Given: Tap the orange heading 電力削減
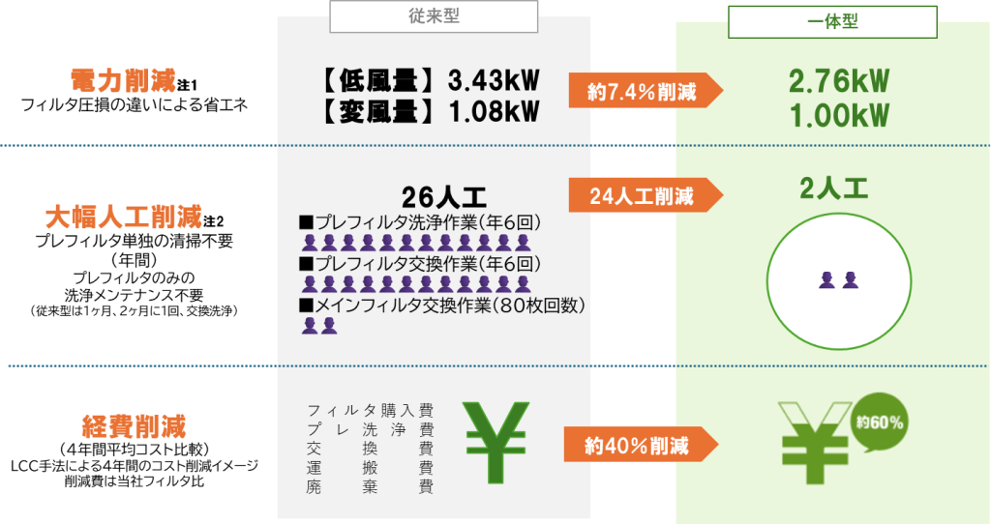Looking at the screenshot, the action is click(123, 81).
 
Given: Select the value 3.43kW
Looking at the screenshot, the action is click(495, 81).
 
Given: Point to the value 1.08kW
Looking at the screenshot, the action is click(495, 112).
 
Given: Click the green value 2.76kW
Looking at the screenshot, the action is click(839, 81).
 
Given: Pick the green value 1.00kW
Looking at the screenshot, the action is click(839, 116).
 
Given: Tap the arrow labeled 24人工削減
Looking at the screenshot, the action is click(646, 195).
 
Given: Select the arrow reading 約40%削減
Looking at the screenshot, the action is click(642, 445).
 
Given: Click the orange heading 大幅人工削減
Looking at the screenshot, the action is click(123, 218).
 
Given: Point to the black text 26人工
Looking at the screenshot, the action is click(443, 197).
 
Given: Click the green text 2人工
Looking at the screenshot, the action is click(833, 189).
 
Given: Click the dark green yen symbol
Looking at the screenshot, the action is click(496, 443).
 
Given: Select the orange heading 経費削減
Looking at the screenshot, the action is click(134, 426).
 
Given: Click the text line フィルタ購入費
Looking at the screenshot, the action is click(371, 410).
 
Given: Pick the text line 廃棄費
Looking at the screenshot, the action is click(371, 486).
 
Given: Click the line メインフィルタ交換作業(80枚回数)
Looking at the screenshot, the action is click(441, 306).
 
